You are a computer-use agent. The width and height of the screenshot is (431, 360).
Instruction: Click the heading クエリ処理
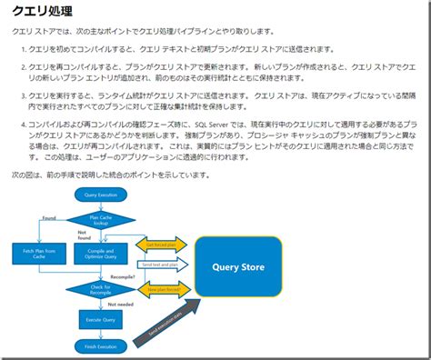42,11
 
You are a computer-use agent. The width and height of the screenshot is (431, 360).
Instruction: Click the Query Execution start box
100,195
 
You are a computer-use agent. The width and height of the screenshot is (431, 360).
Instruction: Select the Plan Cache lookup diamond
100,220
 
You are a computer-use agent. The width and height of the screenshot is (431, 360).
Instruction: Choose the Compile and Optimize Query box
100,254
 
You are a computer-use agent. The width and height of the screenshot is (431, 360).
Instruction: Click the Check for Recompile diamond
100,289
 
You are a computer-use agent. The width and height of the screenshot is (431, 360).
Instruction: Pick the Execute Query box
100,319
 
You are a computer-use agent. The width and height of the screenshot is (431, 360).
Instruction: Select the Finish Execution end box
100,346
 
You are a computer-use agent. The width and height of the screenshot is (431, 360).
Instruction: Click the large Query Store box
238,267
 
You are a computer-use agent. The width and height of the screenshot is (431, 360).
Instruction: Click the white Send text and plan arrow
161,265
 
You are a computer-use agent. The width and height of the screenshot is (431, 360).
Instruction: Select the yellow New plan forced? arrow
161,289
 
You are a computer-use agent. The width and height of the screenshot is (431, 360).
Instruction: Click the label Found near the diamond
49,218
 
